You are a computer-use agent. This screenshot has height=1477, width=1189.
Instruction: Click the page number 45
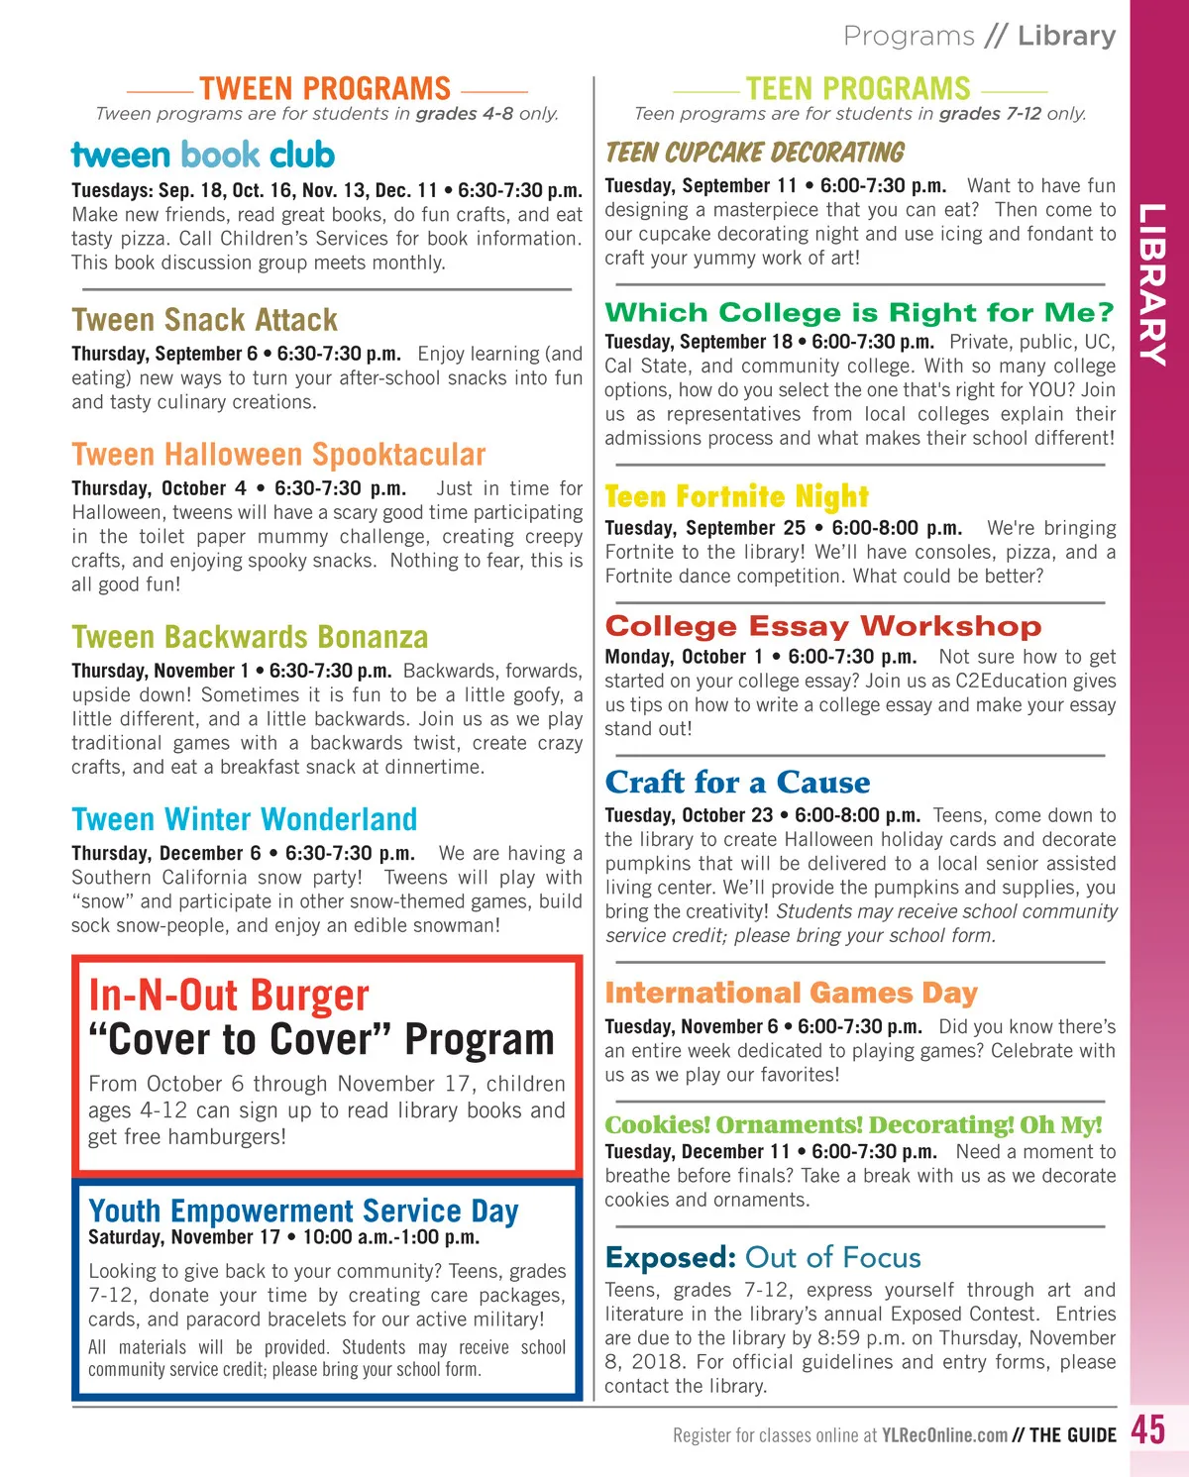1148,1429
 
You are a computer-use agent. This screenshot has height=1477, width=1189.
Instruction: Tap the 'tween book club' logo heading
203,155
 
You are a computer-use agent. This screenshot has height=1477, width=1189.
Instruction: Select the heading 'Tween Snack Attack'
204,320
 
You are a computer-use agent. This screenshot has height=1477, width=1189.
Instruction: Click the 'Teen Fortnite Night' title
736,495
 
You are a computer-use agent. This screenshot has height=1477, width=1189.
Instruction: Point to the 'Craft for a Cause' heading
737,782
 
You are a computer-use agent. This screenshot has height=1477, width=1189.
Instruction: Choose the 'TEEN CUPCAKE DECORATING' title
754,153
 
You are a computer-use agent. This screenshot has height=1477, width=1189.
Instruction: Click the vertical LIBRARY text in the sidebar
1151,284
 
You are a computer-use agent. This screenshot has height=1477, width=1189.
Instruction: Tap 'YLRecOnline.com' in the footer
944,1434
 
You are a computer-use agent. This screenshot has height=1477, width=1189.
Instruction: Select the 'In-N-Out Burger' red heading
228,996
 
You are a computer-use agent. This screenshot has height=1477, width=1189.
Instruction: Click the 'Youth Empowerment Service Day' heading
303,1210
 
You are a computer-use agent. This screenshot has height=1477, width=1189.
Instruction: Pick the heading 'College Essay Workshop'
822,626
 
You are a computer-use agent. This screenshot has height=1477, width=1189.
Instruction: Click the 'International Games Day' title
791,992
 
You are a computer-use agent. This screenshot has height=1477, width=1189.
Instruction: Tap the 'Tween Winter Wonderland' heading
244,819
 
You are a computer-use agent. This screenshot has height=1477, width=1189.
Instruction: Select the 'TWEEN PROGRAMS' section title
324,89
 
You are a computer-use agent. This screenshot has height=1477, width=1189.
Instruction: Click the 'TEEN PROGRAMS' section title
858,89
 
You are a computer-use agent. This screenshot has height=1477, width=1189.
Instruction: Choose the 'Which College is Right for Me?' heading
859,312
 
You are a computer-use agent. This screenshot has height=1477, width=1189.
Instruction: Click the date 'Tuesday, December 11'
697,1152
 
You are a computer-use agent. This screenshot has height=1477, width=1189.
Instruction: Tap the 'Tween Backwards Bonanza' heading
250,637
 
